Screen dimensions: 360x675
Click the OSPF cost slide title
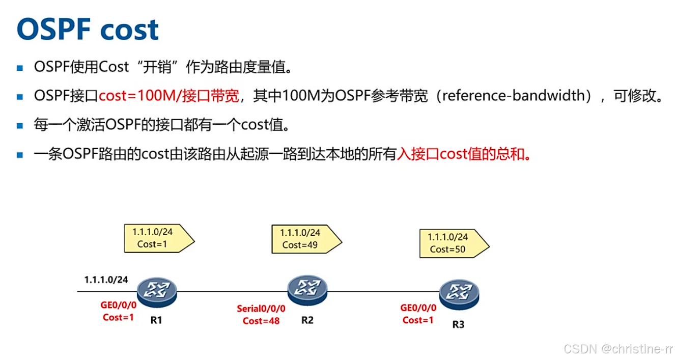tap(88, 30)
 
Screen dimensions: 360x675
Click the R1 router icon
tap(157, 291)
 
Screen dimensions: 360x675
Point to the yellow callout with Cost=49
tap(303, 239)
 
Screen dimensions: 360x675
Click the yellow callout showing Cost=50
tap(451, 243)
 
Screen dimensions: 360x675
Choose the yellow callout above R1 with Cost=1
tap(156, 238)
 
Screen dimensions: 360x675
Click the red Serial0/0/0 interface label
tap(261, 309)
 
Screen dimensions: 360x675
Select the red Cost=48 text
tap(261, 321)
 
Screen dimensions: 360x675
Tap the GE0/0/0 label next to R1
tap(118, 306)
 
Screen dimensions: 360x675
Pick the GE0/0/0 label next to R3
tap(418, 308)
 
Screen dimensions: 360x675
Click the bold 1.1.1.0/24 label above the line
tap(106, 279)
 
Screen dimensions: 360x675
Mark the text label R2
tap(307, 320)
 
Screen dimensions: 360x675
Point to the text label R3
tap(458, 324)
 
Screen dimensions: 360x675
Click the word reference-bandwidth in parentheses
tap(513, 96)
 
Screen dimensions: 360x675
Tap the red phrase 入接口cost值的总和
tap(464, 154)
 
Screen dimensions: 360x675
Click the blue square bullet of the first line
tap(20, 67)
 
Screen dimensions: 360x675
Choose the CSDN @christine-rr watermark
tap(618, 349)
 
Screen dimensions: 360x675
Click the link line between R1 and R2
tap(232, 292)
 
